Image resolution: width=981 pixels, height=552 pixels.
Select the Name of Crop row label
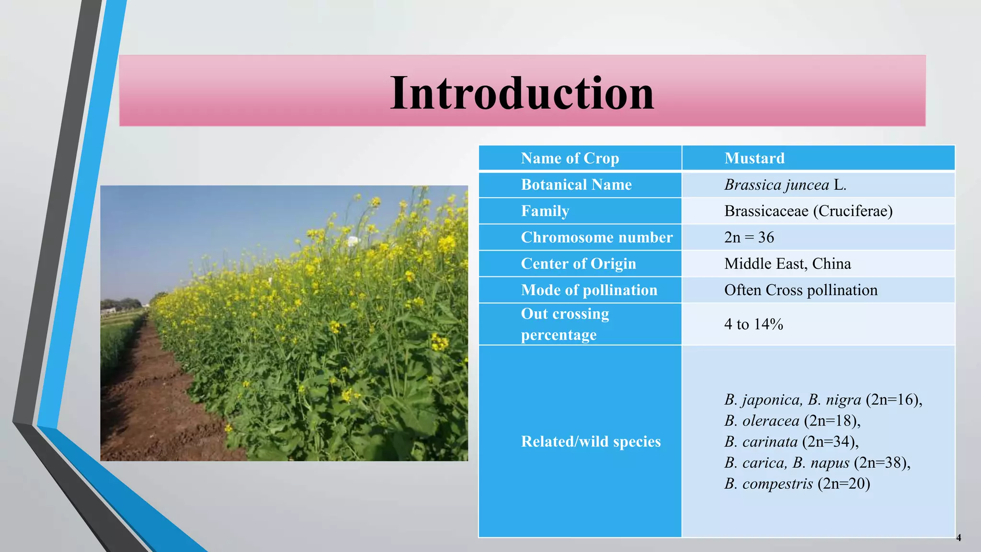(570, 158)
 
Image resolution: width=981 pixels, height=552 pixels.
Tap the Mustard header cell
(754, 158)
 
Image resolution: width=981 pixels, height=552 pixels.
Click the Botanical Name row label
(576, 184)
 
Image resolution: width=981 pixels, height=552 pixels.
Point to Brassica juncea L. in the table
(785, 184)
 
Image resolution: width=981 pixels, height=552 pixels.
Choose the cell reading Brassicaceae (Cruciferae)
(808, 211)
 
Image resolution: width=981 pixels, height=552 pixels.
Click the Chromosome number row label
(596, 237)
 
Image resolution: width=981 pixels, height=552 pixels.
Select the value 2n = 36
(749, 237)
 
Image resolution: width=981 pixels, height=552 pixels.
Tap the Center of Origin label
(578, 264)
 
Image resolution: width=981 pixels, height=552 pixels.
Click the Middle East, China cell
(787, 264)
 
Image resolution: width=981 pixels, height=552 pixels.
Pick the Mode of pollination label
(589, 290)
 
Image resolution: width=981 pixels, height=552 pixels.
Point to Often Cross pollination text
(800, 290)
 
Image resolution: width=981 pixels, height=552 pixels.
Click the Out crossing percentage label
(565, 324)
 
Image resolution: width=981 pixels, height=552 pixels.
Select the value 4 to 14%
(753, 324)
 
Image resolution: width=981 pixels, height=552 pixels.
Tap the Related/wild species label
(591, 441)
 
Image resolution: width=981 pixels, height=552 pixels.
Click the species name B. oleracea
(762, 421)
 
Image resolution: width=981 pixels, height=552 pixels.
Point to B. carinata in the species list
(761, 442)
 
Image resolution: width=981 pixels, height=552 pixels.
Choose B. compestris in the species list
(768, 483)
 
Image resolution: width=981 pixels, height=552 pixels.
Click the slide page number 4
(958, 538)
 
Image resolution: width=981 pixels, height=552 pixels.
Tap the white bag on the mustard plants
(353, 241)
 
